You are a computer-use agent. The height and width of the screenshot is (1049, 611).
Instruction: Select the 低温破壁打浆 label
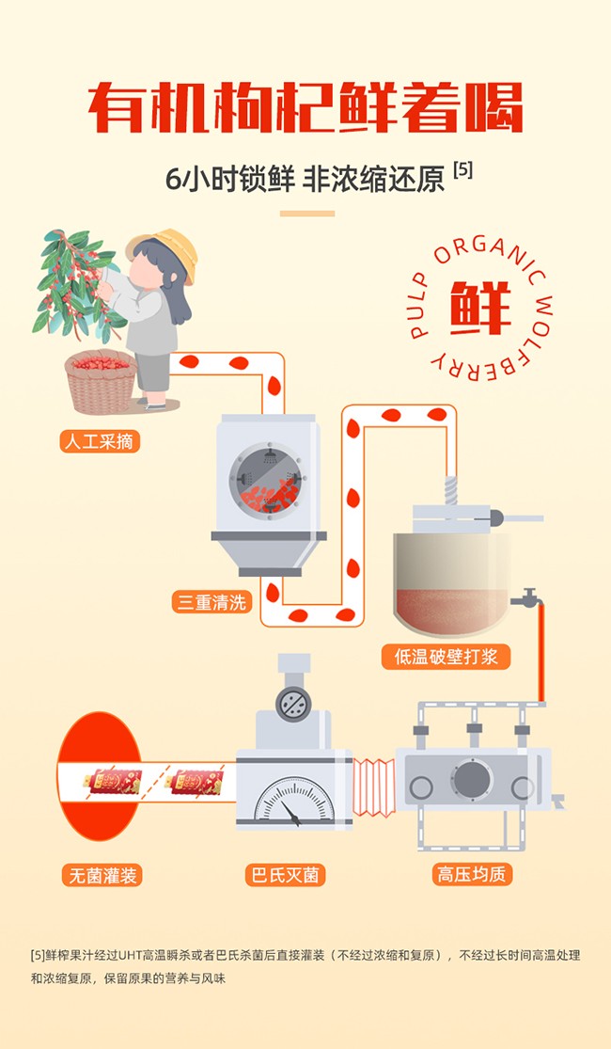click(446, 656)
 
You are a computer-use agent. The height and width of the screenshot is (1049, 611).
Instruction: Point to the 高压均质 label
click(472, 874)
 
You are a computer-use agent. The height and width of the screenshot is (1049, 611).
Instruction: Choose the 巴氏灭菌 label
click(285, 875)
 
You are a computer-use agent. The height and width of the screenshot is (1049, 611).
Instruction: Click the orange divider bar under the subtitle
click(306, 214)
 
